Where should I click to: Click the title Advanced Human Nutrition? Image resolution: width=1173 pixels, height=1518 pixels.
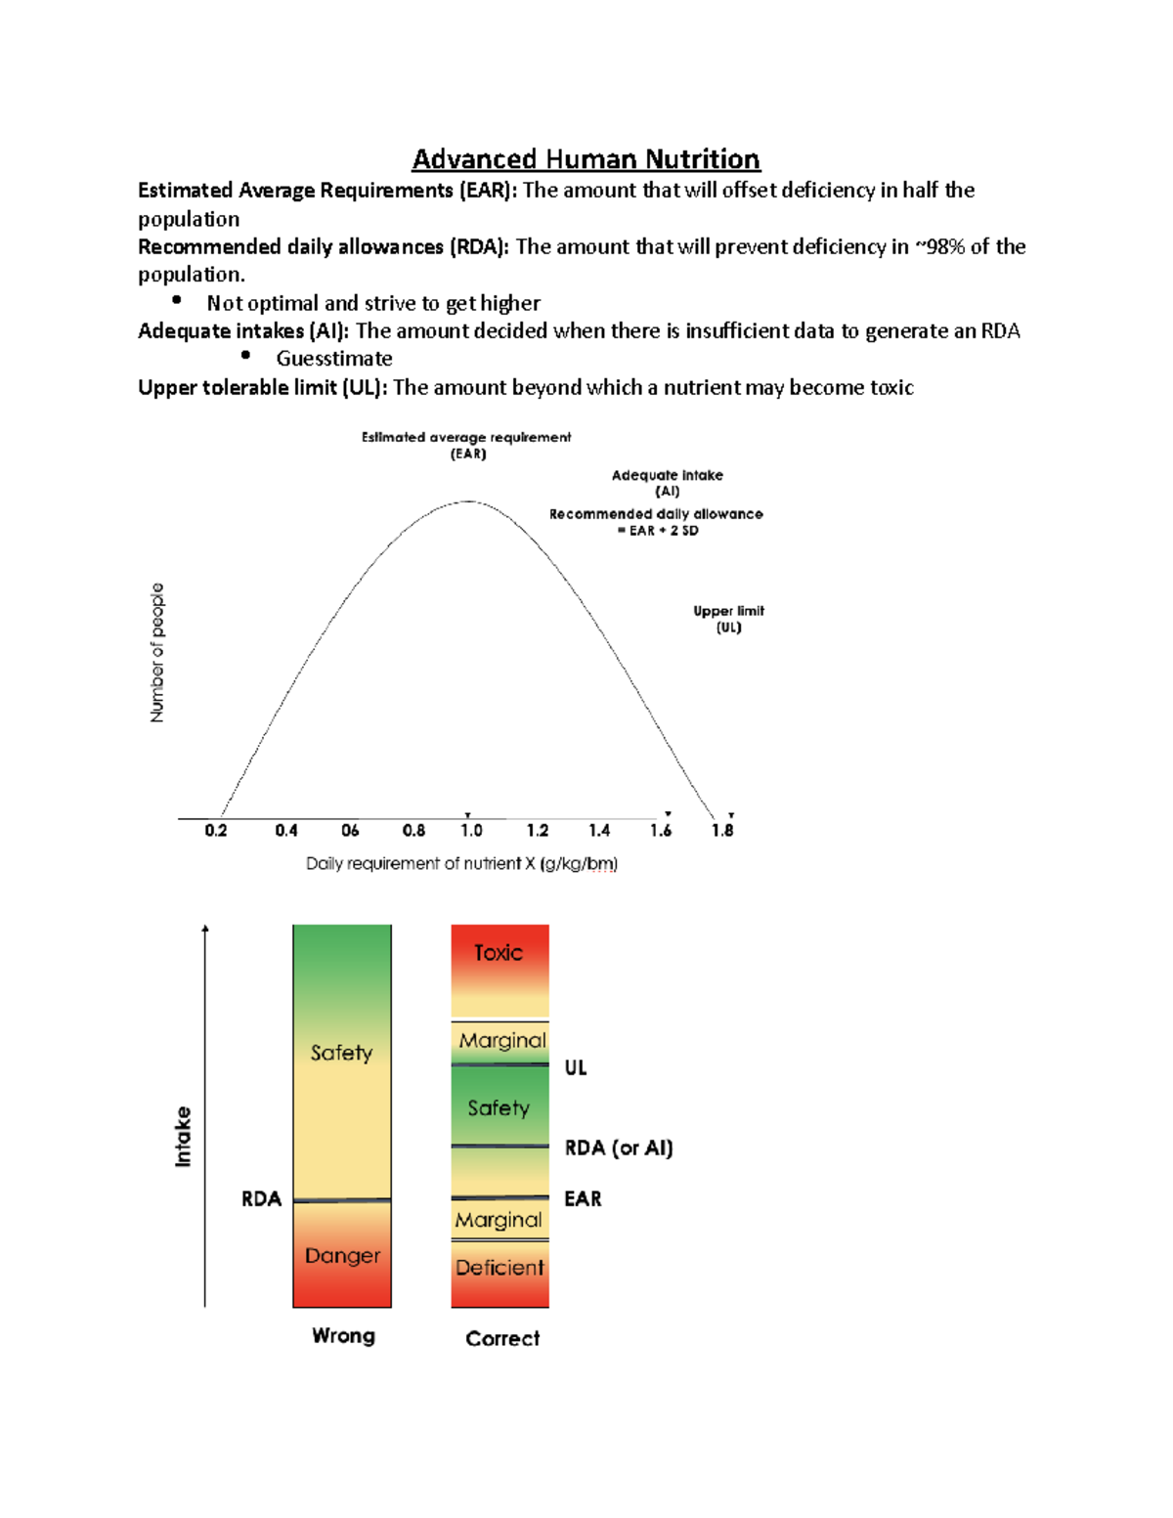point(586,159)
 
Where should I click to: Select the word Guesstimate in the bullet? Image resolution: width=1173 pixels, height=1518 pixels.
point(333,359)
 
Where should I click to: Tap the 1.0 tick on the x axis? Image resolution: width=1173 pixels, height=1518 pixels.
point(471,830)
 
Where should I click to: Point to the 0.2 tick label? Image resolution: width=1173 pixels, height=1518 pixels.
point(215,830)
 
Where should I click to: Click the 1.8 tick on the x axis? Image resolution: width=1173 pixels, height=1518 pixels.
point(722,830)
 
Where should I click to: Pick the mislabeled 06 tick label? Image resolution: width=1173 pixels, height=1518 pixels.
point(350,830)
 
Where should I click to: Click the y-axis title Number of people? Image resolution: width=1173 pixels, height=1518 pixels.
point(157,653)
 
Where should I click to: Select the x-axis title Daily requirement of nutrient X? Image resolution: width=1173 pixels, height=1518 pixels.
point(461,863)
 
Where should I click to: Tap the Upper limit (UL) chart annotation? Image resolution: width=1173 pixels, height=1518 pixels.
point(728,619)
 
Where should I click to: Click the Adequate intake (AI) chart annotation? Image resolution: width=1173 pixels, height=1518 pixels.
point(667,483)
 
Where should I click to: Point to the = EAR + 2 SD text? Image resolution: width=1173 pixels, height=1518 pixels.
point(658,531)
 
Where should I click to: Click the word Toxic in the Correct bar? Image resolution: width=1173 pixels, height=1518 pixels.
point(499,952)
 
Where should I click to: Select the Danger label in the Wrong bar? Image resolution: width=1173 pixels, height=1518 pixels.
point(342,1255)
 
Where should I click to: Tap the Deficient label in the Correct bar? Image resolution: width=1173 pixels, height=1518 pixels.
point(500,1268)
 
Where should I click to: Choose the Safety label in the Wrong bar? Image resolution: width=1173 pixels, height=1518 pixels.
point(341,1053)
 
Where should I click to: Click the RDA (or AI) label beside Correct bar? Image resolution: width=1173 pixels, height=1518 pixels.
point(619,1148)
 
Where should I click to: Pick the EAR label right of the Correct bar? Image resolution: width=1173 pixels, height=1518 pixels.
point(583,1198)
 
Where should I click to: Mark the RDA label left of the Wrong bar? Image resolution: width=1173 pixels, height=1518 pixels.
point(261,1198)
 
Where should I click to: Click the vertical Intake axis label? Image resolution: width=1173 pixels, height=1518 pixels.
point(183,1137)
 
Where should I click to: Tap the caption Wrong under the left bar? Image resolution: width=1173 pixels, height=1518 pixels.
point(343,1335)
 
